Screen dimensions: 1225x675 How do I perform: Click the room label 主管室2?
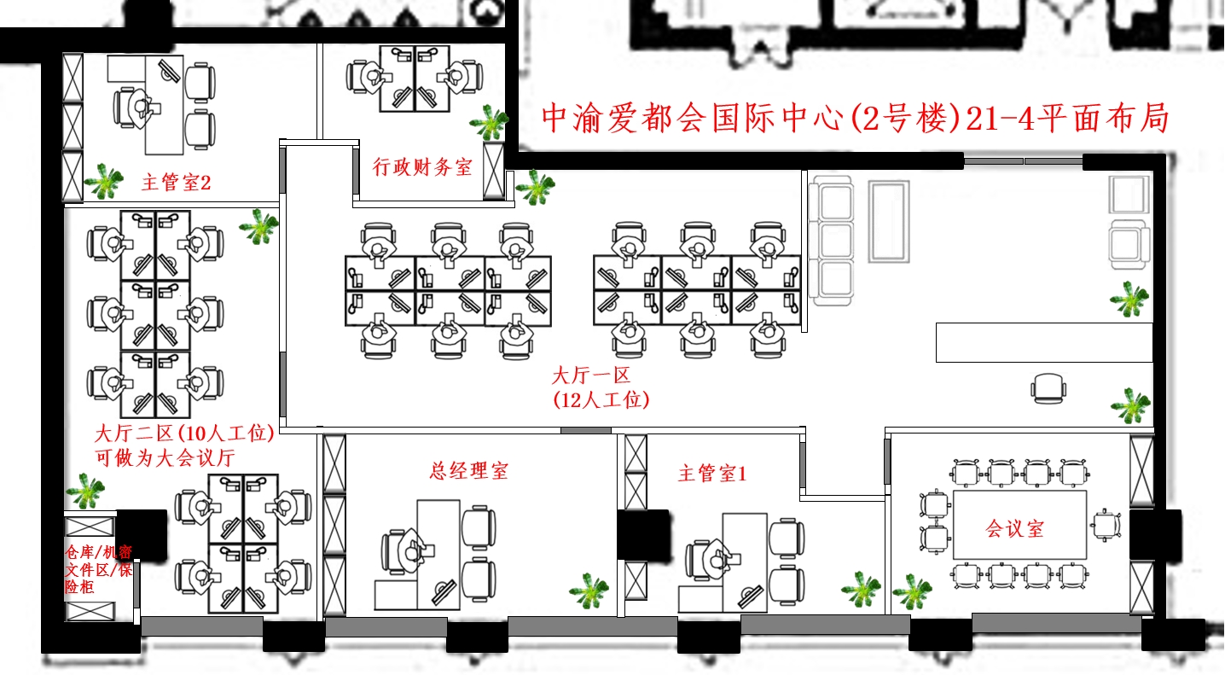176,182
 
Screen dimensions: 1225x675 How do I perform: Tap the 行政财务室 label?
422,167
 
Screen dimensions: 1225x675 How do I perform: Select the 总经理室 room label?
468,470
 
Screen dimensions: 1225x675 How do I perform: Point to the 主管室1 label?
712,473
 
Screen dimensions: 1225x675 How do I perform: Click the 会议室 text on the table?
1014,528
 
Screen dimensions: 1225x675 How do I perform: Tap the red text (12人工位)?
601,400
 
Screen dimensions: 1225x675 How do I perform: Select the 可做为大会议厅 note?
165,457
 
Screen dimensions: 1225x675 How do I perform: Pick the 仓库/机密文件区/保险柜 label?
98,569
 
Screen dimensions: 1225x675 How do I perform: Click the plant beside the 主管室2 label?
103,181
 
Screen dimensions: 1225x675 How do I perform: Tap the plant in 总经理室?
589,591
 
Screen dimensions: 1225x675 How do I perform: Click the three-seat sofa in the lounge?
831,241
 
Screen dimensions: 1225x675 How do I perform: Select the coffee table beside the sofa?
889,222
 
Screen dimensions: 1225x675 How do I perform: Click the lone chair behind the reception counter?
1048,388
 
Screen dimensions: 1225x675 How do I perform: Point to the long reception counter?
1044,342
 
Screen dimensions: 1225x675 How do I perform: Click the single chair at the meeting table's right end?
1106,525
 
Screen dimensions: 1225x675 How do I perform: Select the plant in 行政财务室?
489,122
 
